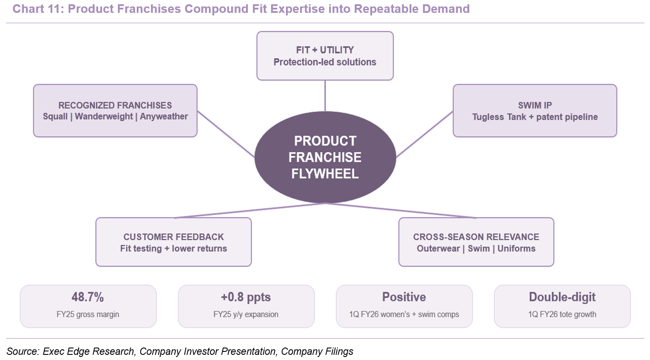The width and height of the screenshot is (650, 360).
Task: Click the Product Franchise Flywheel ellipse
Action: point(325,157)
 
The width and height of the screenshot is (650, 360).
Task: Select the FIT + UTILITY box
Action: point(325,56)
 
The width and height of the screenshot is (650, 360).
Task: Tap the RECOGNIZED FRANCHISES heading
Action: point(115,105)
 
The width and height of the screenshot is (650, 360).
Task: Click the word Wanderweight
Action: point(104,116)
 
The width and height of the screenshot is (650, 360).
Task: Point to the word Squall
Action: point(55,116)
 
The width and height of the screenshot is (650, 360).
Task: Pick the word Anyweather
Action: point(164,116)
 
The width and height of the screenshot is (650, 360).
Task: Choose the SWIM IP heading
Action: point(535,105)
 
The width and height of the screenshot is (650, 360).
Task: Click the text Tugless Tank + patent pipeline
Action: point(535,117)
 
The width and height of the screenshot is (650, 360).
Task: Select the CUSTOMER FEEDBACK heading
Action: point(174,237)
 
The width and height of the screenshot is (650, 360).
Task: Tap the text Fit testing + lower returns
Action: point(174,248)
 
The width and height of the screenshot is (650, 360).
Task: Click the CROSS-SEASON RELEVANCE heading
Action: point(476,237)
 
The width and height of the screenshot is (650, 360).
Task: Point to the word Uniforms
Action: point(517,248)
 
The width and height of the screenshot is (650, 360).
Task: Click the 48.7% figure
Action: point(87,297)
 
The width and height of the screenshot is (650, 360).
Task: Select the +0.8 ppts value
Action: point(246,297)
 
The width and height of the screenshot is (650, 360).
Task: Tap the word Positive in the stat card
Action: point(404,297)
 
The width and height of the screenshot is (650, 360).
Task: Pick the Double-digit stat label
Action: point(562,297)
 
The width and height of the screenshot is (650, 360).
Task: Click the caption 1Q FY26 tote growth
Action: point(562,315)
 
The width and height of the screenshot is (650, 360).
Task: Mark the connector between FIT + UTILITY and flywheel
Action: point(325,96)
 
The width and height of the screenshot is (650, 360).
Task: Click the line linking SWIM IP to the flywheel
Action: point(424,134)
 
